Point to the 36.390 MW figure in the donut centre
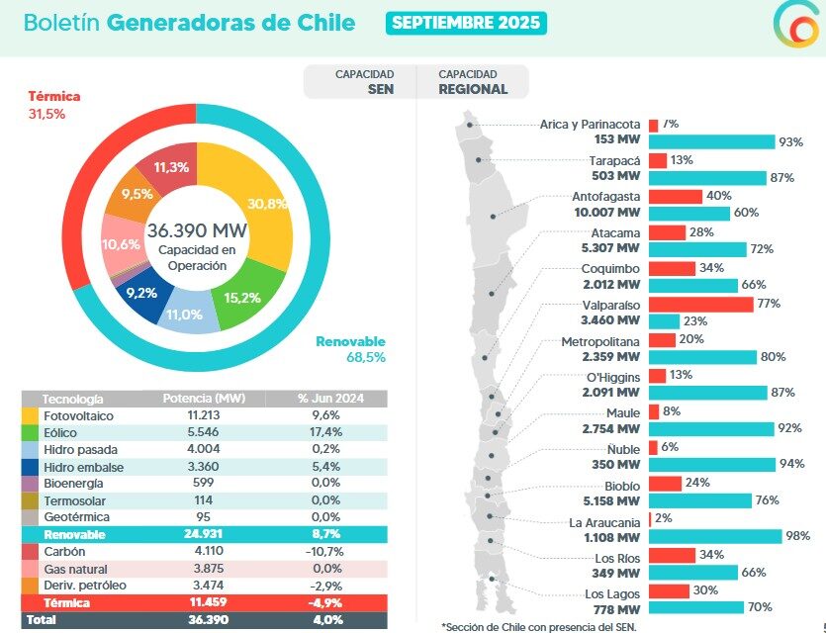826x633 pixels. pyautogui.click(x=197, y=230)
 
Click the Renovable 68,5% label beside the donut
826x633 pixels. pyautogui.click(x=350, y=349)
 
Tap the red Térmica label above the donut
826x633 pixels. pyautogui.click(x=53, y=97)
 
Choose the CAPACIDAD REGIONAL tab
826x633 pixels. pyautogui.click(x=473, y=82)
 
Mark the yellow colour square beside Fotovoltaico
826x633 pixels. pyautogui.click(x=31, y=416)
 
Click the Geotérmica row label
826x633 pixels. pyautogui.click(x=76, y=517)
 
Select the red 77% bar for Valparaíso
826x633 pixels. pyautogui.click(x=700, y=304)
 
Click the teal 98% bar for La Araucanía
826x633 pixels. pyautogui.click(x=712, y=536)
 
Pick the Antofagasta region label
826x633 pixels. pyautogui.click(x=605, y=197)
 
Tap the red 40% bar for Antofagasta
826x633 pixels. pyautogui.click(x=676, y=196)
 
